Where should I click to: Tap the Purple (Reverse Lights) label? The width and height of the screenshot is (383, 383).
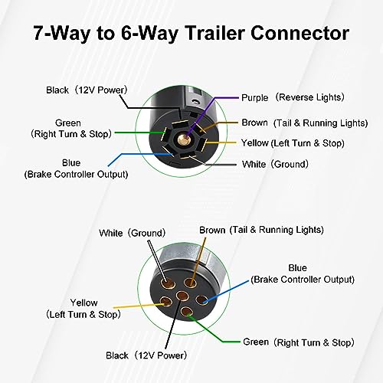coord(293,97)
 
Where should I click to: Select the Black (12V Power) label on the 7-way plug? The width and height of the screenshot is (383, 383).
coord(87,90)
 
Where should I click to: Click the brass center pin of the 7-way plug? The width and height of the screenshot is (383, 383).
coord(183,139)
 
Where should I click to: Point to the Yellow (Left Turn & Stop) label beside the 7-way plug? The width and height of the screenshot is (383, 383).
coord(293,143)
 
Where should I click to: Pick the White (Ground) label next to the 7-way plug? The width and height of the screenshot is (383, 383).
coord(275,164)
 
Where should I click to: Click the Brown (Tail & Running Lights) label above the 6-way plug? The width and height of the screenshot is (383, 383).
coord(261,230)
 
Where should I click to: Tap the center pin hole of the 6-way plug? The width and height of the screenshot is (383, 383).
coord(183,296)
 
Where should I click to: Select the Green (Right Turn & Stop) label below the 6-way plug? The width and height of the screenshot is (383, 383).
coord(299,342)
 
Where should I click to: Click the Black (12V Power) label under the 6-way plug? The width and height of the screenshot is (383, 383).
coord(146,355)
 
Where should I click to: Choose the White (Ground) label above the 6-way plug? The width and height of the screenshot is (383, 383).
coord(133,233)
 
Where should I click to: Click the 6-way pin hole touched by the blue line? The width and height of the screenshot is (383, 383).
coord(201,300)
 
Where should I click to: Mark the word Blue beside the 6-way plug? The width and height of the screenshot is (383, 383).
coord(297,268)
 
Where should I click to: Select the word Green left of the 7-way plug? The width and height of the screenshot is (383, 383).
coord(68,123)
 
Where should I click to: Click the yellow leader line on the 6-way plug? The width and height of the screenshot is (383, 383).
coord(139,306)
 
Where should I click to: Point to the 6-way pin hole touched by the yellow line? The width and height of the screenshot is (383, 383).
coord(165,302)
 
